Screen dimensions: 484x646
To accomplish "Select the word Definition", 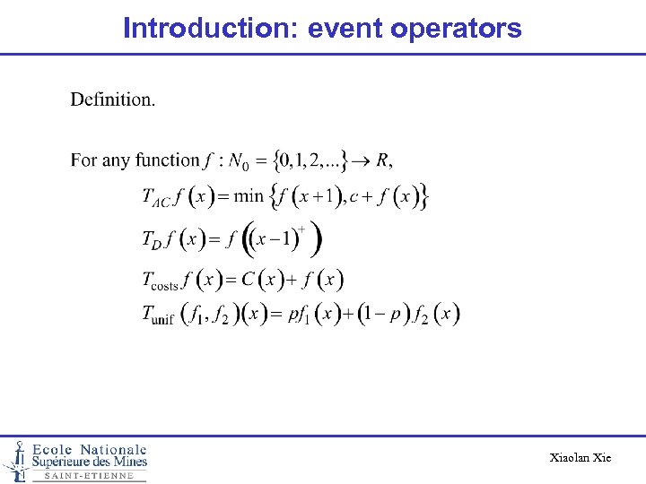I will coord(113,99).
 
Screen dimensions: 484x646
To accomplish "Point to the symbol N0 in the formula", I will coord(240,162).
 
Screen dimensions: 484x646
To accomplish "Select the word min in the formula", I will coord(249,195).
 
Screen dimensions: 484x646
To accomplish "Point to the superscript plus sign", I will coord(301,229).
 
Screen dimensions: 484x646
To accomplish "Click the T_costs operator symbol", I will coord(161,281).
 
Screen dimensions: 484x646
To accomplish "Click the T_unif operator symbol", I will coord(158,315).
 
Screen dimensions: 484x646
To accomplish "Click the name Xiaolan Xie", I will coord(581,458).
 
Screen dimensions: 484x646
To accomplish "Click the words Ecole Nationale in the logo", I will coord(90,449).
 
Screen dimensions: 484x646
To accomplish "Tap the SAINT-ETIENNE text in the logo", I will coord(89,476).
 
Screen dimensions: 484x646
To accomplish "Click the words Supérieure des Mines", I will coord(90,462).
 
